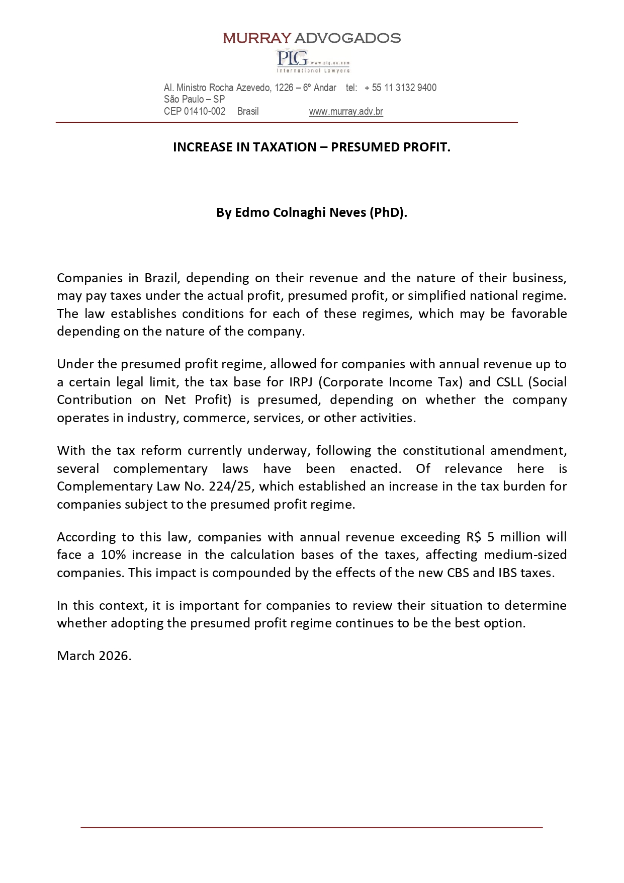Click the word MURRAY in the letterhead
256,38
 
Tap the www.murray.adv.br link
346,112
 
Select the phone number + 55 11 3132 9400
400,88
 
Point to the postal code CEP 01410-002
195,112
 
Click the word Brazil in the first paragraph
158,278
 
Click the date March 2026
94,656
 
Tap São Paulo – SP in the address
194,100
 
